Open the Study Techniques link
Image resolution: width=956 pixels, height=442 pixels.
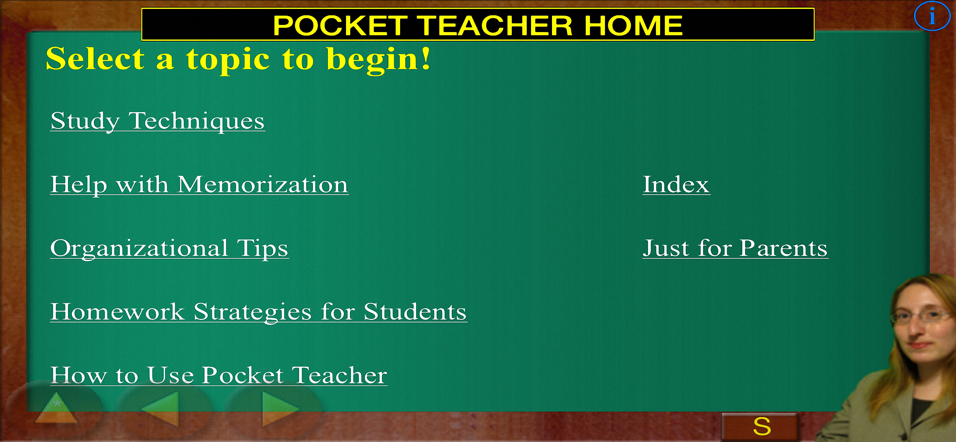tap(158, 121)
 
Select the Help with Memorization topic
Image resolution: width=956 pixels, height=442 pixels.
tap(199, 185)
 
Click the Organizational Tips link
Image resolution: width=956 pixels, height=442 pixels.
tap(170, 248)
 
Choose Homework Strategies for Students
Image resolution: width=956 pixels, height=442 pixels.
tap(259, 312)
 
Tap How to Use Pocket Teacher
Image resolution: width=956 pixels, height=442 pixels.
tap(219, 375)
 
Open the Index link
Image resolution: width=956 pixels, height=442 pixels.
tap(676, 184)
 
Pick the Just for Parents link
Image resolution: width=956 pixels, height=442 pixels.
tap(735, 248)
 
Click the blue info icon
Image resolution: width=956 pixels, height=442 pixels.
tap(932, 16)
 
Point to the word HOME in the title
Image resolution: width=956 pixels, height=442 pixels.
tap(633, 25)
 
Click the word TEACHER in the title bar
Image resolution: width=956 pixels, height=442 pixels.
tap(496, 25)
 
